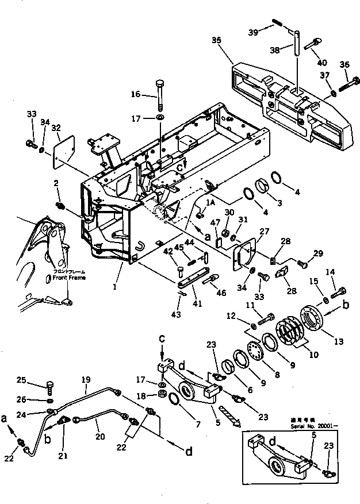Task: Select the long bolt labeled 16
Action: pos(159,95)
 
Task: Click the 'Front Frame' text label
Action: pos(69,278)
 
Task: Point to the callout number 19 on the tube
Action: pos(86,380)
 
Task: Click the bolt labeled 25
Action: pos(50,384)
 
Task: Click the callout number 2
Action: pos(56,183)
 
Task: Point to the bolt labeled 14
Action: pos(339,291)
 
